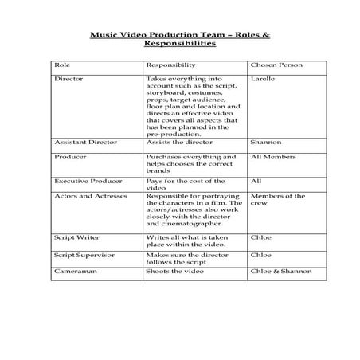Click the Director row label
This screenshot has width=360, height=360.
click(x=68, y=80)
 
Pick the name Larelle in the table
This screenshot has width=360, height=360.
click(x=263, y=80)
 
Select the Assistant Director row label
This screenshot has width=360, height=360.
click(x=85, y=143)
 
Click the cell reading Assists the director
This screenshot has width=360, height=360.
click(x=178, y=143)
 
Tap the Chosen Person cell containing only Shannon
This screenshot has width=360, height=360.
click(x=265, y=143)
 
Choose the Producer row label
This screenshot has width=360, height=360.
click(x=70, y=158)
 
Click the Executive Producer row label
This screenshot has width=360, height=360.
click(x=88, y=181)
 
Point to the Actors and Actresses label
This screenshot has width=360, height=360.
click(x=90, y=196)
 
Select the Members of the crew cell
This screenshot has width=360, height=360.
click(x=277, y=199)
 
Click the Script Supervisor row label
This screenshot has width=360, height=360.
click(x=84, y=255)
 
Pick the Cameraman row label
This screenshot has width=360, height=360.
click(x=75, y=272)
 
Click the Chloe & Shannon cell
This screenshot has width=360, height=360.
click(x=280, y=272)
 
